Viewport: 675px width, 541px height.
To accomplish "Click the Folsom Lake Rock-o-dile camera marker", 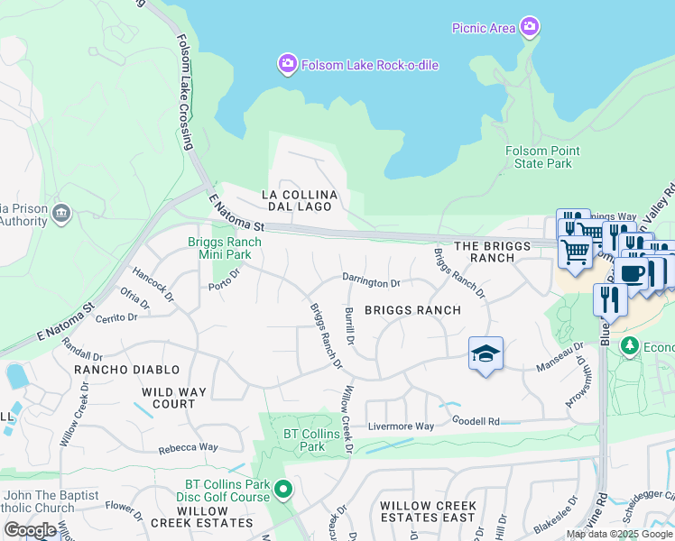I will coord(287,63).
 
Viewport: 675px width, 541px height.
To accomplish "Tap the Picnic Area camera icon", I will coord(530,27).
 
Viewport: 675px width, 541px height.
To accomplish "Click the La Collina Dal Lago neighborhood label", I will coord(299,200).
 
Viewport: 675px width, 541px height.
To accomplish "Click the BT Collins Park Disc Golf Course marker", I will coord(283,490).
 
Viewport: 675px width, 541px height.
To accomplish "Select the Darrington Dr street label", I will coord(370,282).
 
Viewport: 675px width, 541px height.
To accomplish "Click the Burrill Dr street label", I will coord(348,329).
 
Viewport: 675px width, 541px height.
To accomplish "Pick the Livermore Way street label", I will coord(401,426).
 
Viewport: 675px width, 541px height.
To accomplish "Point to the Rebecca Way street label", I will coord(189,447).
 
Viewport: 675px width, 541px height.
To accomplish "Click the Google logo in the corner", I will coord(30,530).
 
